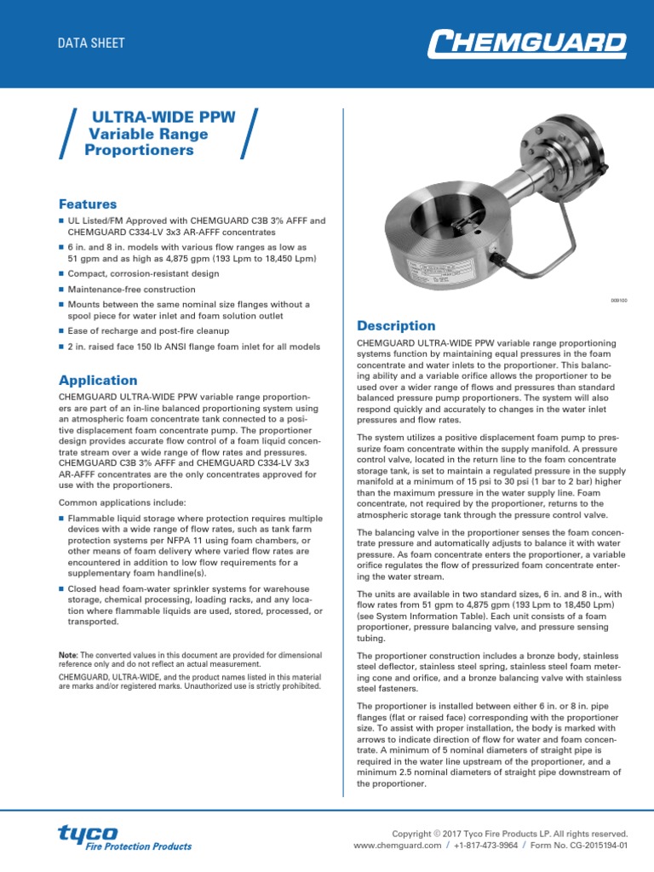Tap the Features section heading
pos(88,204)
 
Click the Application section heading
pos(97,381)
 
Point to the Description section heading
pos(396,326)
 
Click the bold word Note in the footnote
pos(69,655)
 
